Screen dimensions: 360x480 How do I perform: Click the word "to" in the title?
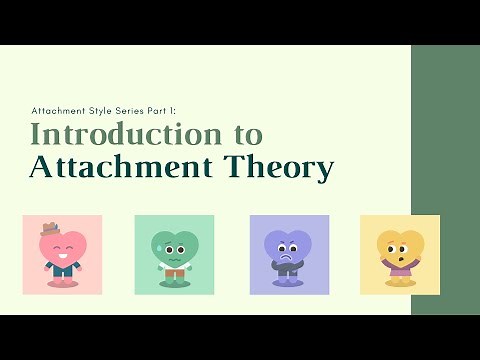tap(242, 134)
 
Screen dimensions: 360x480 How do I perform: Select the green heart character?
tap(174, 253)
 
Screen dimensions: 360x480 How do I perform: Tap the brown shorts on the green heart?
tap(174, 272)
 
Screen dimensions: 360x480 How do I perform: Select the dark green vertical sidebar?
tap(445, 180)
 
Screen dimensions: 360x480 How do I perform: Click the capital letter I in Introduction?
tap(37, 133)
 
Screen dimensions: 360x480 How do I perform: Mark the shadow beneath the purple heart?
tap(288, 284)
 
